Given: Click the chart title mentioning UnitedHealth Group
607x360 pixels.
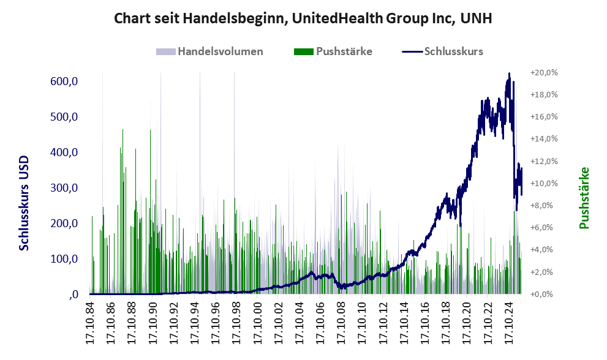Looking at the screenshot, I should coord(303,19).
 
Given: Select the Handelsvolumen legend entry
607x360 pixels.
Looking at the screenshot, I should coord(220,51).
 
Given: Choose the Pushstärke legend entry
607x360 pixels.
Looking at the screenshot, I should coord(344,51).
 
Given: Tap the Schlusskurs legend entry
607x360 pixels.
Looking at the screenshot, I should coord(453,51).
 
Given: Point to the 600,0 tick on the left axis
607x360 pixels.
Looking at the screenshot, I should coord(63,81).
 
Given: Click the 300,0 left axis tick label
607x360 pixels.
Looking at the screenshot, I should coord(63,188).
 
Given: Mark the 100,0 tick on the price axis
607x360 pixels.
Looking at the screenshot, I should coord(63,259).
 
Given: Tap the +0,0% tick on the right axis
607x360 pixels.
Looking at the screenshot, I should coord(545,294).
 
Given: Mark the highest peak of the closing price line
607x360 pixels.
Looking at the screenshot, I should coord(509,74).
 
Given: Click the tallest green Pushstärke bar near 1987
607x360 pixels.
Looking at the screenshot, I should coord(123,130).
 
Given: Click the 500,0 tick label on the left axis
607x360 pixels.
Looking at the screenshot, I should coord(63,117).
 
